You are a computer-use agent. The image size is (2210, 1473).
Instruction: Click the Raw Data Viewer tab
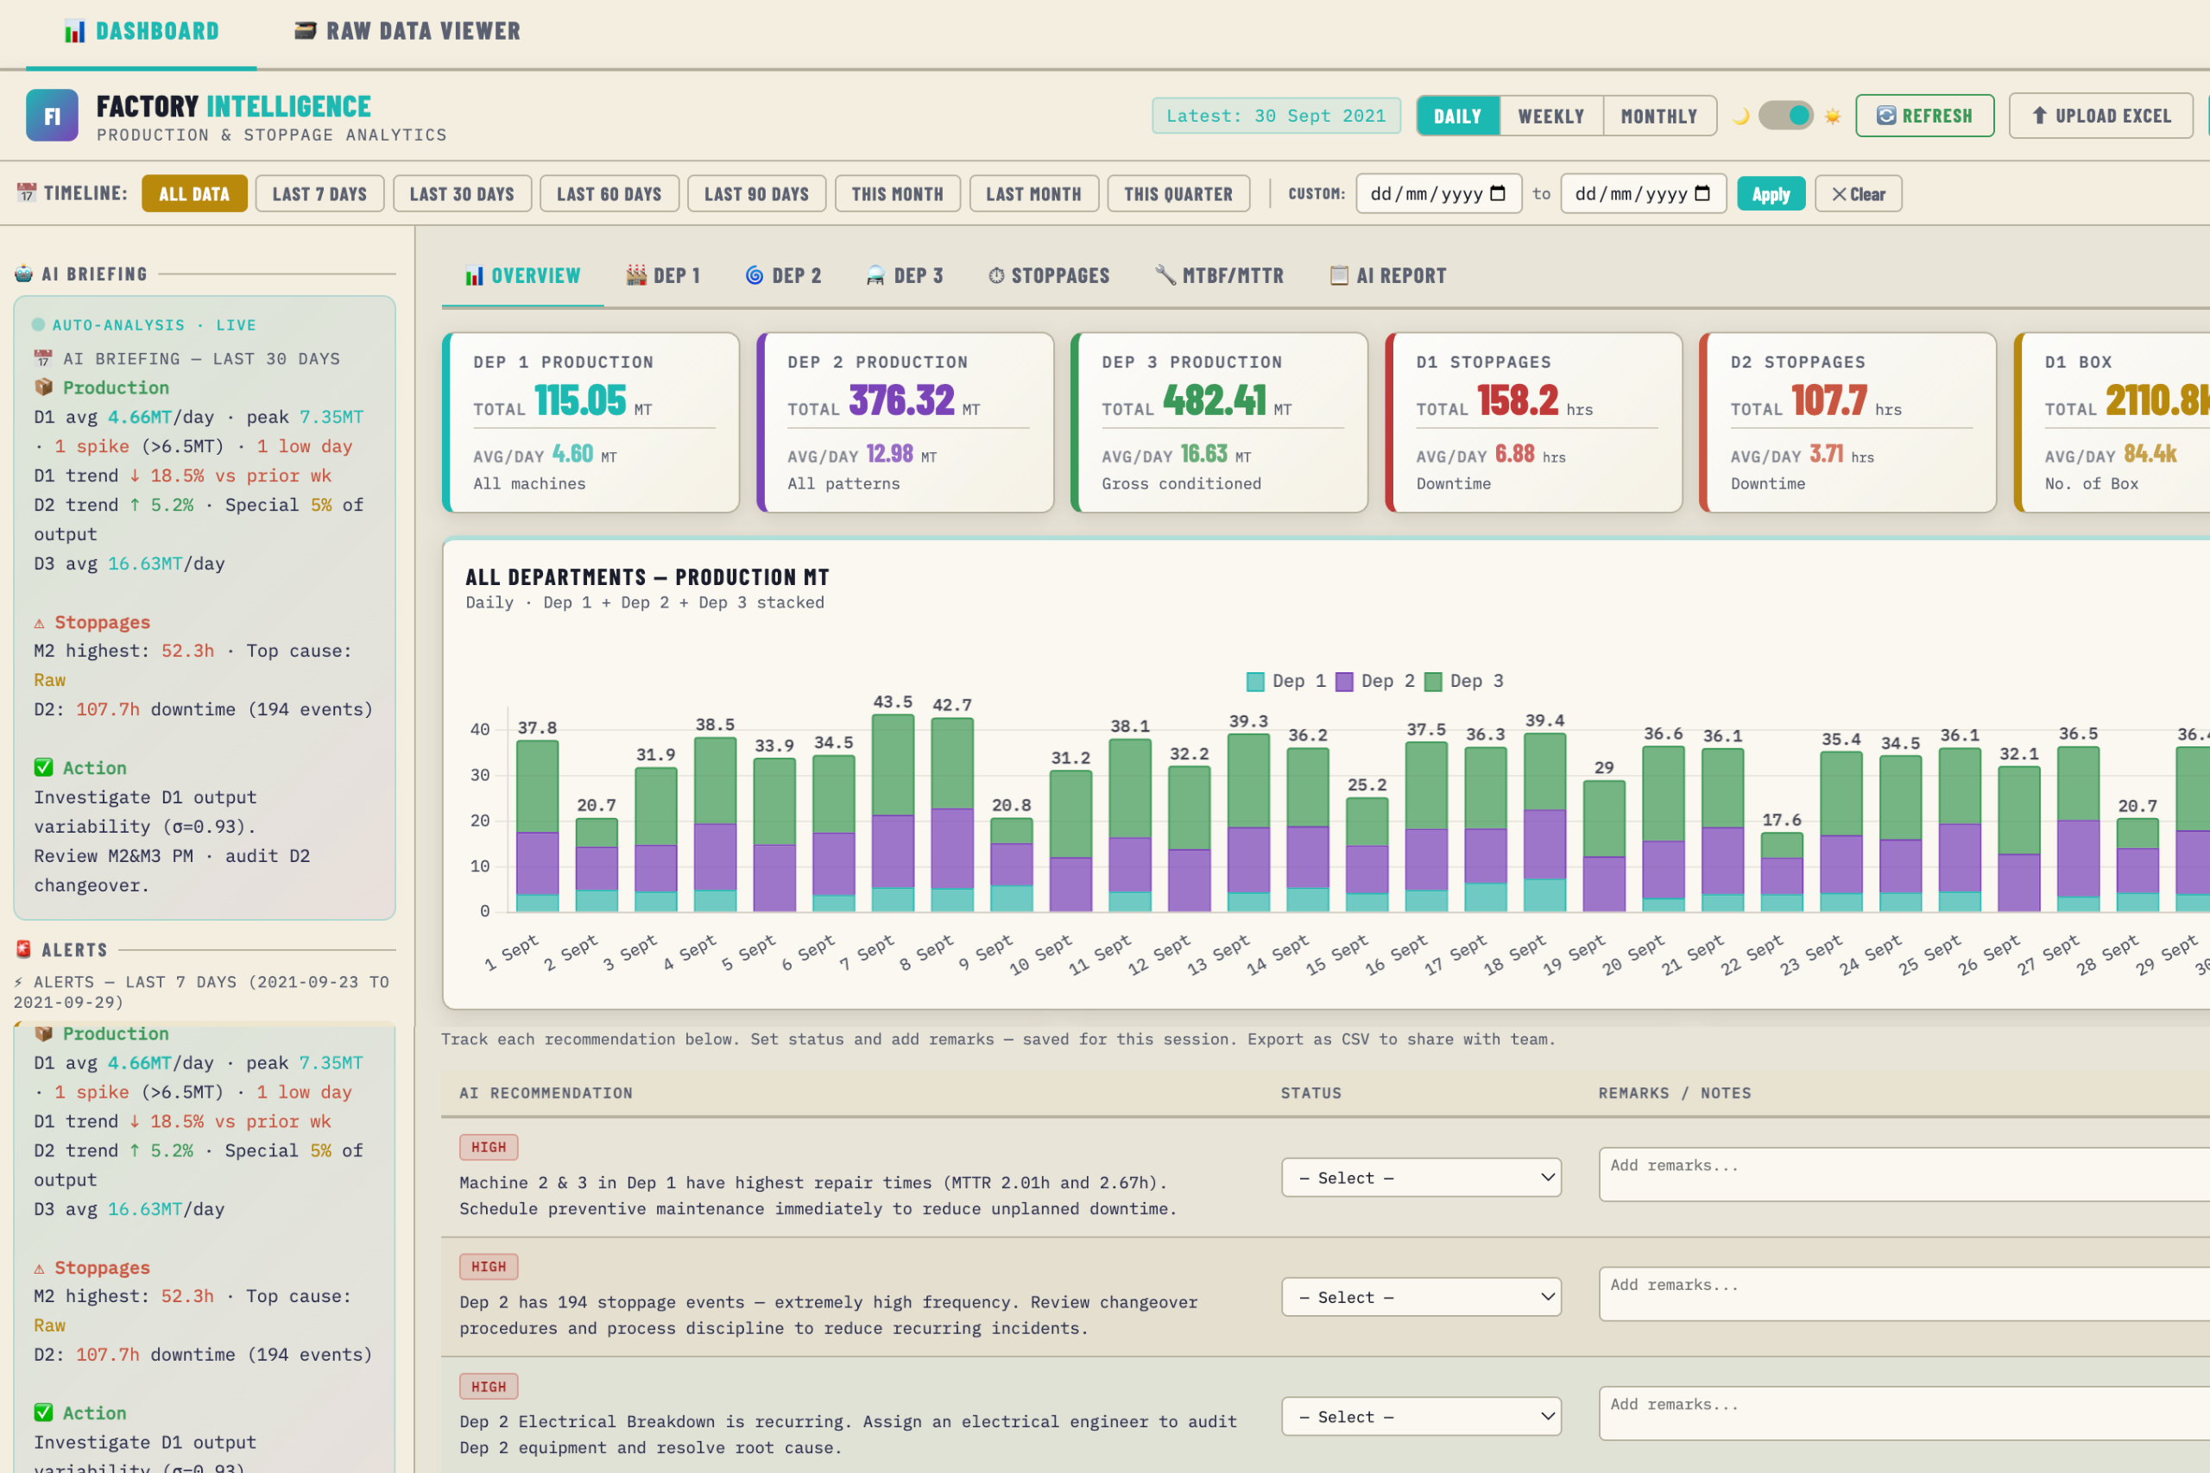(x=407, y=31)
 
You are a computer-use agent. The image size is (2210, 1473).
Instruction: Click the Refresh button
(x=1923, y=116)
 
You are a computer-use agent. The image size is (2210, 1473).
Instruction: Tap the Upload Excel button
(x=2100, y=116)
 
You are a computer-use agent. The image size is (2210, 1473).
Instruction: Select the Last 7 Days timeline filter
(x=319, y=193)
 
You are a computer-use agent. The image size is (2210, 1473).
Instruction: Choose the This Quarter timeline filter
(x=1178, y=193)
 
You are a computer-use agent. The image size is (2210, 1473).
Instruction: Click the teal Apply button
(x=1770, y=193)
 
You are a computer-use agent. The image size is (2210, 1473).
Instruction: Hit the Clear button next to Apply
(x=1857, y=193)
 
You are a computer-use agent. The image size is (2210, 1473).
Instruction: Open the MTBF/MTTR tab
(x=1219, y=275)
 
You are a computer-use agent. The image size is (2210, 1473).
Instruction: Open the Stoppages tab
(x=1049, y=275)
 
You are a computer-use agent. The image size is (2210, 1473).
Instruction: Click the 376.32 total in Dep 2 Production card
(x=901, y=401)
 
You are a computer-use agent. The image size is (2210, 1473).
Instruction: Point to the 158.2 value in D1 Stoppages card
(x=1517, y=401)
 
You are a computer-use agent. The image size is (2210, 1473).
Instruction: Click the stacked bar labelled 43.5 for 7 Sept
(x=893, y=813)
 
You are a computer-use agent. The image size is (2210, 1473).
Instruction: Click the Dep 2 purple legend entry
(x=1374, y=681)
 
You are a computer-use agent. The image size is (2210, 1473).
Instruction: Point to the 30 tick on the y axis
(x=480, y=775)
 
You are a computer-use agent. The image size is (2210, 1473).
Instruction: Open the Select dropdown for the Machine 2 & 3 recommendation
(x=1421, y=1177)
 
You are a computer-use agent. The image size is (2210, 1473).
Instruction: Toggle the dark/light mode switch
(x=1785, y=116)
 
